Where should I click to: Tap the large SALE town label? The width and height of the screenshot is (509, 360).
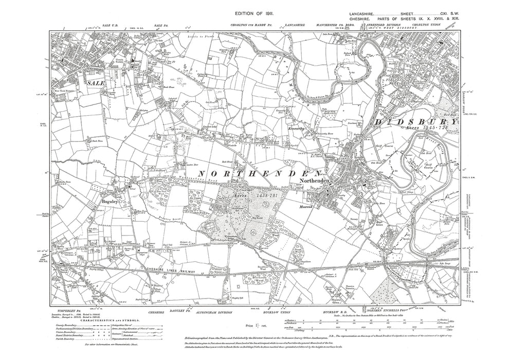click(95, 83)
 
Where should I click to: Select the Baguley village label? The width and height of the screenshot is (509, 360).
click(110, 202)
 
